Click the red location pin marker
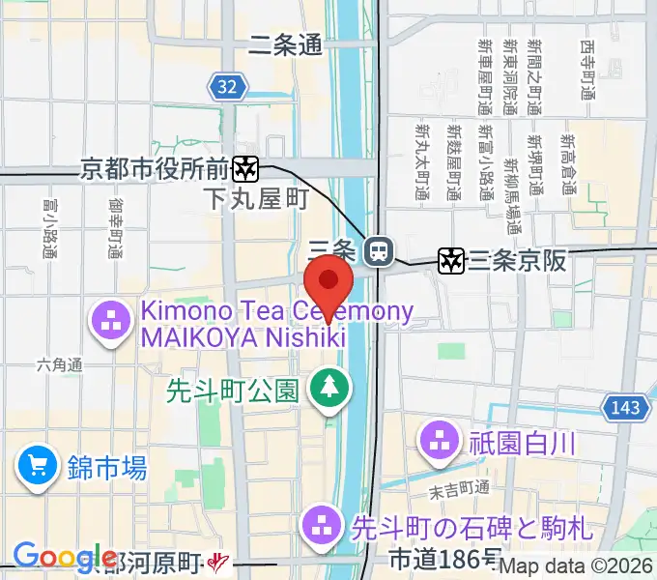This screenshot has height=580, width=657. tap(328, 286)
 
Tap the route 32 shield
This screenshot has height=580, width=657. tap(226, 88)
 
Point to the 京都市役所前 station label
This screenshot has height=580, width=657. tap(155, 169)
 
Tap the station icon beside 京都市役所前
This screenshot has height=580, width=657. tap(246, 169)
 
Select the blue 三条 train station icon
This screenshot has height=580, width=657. tap(378, 251)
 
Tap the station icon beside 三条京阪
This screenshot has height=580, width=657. tap(450, 259)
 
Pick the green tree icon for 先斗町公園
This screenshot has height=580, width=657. tap(328, 389)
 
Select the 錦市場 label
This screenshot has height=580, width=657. tap(107, 469)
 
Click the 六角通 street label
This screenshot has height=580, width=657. tap(61, 364)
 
